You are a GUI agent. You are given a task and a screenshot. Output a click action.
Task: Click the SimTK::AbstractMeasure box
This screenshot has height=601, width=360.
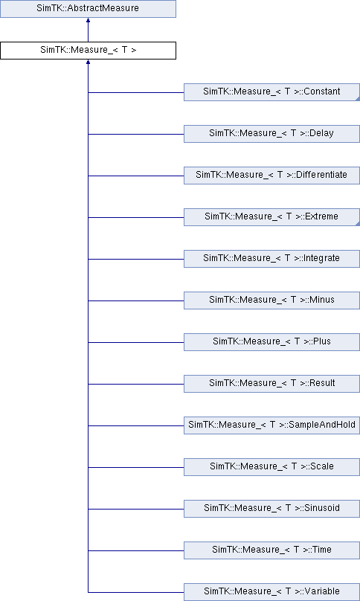[x=88, y=8]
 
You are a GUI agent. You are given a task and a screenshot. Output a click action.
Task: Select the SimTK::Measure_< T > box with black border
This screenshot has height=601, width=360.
[x=88, y=51]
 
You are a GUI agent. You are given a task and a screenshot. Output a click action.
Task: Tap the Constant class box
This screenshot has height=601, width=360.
[x=271, y=92]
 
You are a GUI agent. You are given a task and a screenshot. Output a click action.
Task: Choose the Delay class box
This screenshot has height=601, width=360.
[x=271, y=134]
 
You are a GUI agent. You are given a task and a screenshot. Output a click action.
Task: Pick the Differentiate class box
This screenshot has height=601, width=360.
[x=271, y=176]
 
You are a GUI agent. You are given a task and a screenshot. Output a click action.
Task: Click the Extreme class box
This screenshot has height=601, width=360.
[x=271, y=217]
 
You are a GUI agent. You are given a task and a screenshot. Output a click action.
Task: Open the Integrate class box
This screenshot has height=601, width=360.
[x=271, y=259]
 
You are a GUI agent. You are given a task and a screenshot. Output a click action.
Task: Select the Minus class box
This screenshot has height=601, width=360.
[x=271, y=300]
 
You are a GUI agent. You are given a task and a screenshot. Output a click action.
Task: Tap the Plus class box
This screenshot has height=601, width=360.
[x=271, y=342]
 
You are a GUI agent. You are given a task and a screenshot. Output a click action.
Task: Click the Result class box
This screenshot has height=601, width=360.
[x=271, y=384]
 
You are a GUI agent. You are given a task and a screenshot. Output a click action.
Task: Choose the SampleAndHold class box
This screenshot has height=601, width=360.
[x=271, y=425]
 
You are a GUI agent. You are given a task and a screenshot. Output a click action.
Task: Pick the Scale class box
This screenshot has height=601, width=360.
[x=271, y=467]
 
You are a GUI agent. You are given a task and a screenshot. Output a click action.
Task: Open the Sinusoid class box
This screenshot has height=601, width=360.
[x=271, y=509]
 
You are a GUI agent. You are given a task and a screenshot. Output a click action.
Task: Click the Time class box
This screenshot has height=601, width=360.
[x=271, y=550]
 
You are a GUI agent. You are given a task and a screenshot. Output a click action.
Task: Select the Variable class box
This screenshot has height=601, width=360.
[x=271, y=592]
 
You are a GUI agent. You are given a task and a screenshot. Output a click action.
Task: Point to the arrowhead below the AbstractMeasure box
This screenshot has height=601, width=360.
[x=88, y=20]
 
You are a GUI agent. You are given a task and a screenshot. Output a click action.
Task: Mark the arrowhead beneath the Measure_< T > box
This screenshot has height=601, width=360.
[x=88, y=62]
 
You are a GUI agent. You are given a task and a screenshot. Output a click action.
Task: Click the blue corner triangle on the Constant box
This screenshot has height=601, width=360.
[x=358, y=99]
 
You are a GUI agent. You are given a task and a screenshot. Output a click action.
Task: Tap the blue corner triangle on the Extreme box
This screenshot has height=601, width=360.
[x=358, y=224]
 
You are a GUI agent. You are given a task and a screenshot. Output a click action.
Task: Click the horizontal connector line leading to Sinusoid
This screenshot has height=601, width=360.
[x=135, y=509]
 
